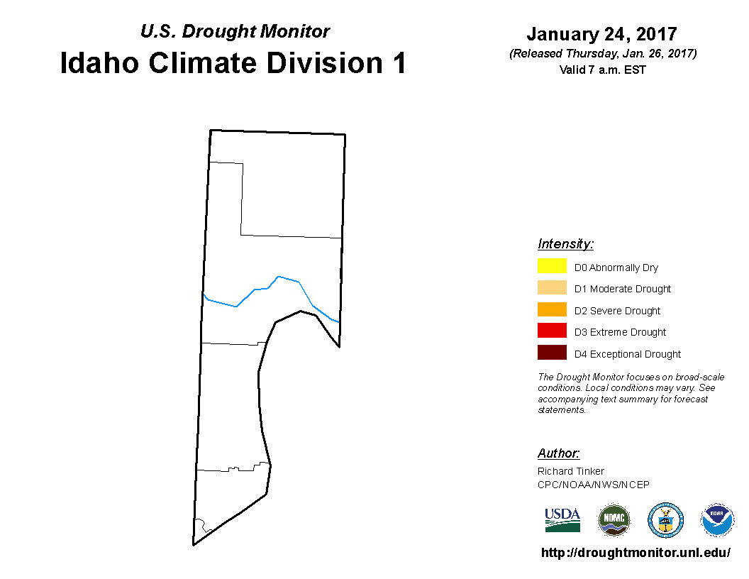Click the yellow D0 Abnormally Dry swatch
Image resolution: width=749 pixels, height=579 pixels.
552,265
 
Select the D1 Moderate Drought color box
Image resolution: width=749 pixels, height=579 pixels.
552,287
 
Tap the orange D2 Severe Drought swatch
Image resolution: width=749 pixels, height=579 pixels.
552,309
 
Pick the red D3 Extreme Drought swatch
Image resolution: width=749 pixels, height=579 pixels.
552,331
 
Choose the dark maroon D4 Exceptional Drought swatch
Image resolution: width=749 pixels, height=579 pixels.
552,353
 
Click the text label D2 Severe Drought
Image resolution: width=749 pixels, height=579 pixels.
617,311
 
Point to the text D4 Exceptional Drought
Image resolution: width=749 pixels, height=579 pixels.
628,354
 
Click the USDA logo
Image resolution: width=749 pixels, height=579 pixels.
562,520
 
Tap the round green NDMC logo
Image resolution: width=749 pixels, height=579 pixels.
614,520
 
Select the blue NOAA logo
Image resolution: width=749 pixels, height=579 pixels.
716,520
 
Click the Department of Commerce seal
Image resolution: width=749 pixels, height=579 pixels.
665,520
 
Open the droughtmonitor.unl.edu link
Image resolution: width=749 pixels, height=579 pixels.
636,553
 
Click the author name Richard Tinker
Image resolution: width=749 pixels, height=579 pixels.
571,471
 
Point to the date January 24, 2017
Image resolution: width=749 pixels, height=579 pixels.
602,34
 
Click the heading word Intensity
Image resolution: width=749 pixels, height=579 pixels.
565,243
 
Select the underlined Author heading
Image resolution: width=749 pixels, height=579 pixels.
558,453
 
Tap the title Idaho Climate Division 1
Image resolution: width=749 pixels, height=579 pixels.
233,62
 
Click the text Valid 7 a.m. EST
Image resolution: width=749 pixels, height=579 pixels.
602,70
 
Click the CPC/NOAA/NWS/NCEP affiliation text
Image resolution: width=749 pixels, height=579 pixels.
593,485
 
